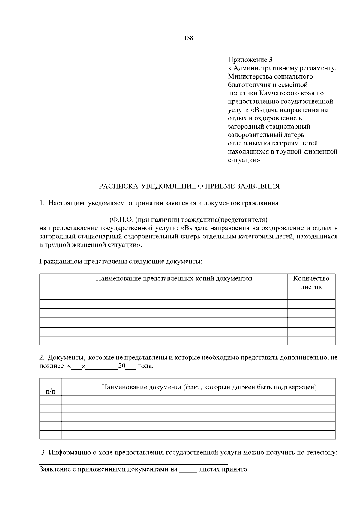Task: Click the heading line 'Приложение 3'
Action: click(x=250, y=60)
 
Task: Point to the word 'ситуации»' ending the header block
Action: click(x=244, y=160)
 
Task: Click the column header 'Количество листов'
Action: click(x=311, y=282)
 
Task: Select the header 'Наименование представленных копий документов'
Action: click(x=174, y=278)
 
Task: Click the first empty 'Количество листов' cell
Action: click(x=311, y=295)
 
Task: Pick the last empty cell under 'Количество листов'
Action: click(x=311, y=340)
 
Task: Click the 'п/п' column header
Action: click(x=50, y=391)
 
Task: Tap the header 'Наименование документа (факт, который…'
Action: click(x=209, y=387)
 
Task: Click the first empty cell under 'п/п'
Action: click(x=50, y=400)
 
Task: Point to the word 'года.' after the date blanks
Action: click(x=146, y=366)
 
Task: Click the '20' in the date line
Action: click(x=122, y=366)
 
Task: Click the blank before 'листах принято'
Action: click(x=188, y=469)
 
